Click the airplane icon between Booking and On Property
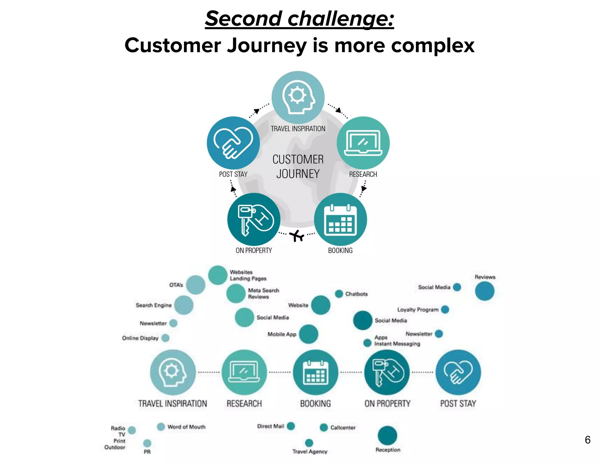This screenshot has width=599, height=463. click(x=297, y=236)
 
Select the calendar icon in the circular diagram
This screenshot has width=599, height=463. click(x=340, y=220)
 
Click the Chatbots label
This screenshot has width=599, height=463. click(x=356, y=294)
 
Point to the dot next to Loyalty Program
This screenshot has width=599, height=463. click(x=445, y=309)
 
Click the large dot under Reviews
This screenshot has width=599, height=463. click(x=484, y=291)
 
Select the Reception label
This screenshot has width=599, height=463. click(x=388, y=450)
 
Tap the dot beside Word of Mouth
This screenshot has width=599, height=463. click(x=161, y=427)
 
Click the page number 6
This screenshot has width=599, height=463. click(x=587, y=440)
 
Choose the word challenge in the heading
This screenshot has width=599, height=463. click(x=341, y=19)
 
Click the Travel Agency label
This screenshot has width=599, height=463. click(x=310, y=452)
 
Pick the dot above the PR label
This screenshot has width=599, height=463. click(x=147, y=443)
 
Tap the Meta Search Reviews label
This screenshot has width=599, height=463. click(x=263, y=294)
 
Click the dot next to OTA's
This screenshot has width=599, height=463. click(x=196, y=285)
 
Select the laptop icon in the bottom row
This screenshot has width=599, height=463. click(x=244, y=372)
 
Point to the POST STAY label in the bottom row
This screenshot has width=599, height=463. click(x=458, y=404)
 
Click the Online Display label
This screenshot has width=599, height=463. click(x=140, y=338)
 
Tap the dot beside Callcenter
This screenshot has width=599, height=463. click(x=323, y=428)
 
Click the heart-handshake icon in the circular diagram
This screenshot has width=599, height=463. click(x=233, y=143)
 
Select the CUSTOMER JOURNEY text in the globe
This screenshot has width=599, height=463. click(x=298, y=167)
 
